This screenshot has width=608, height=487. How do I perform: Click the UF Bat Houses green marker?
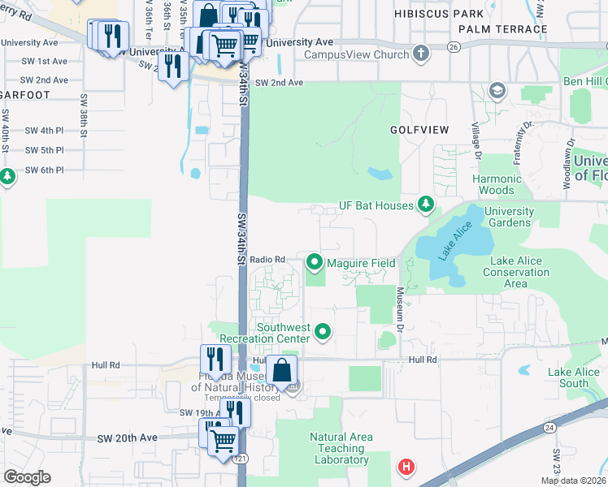424,205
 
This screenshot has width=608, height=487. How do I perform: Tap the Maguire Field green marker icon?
315,262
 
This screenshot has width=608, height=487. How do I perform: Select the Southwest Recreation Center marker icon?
324,331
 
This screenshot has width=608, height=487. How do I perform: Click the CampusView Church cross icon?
420,54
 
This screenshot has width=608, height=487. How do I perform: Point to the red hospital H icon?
405,467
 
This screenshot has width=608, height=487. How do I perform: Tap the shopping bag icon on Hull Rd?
281,370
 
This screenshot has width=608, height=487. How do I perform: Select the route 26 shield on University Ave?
454,48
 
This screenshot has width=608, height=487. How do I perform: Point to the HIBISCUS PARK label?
439,15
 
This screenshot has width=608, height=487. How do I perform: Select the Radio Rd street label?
267,259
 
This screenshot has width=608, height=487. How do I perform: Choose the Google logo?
27,477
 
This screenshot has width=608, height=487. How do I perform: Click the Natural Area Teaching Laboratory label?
341,448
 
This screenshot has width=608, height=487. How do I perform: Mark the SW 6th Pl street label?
44,170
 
